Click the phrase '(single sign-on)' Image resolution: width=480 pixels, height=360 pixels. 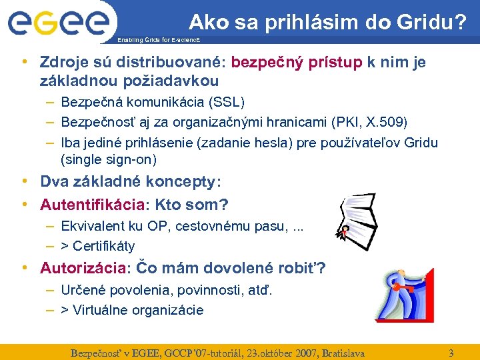(109, 159)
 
